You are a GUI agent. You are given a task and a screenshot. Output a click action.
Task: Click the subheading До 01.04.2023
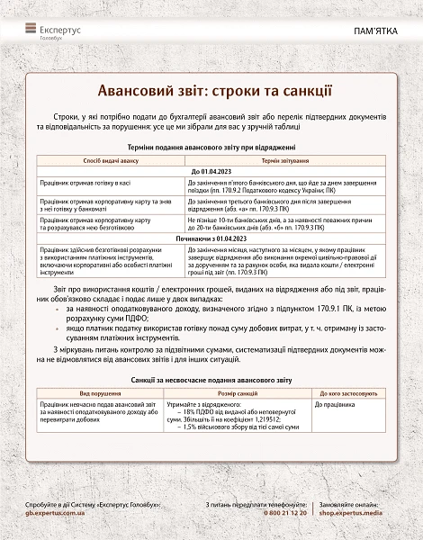(211, 170)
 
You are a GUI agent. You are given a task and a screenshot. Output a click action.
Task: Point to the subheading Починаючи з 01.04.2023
(211, 238)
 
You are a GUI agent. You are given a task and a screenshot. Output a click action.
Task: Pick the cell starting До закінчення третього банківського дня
(278, 203)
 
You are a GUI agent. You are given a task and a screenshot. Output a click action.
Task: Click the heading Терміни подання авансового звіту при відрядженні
(211, 147)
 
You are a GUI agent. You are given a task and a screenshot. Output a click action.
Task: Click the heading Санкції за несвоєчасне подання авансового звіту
(211, 382)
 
